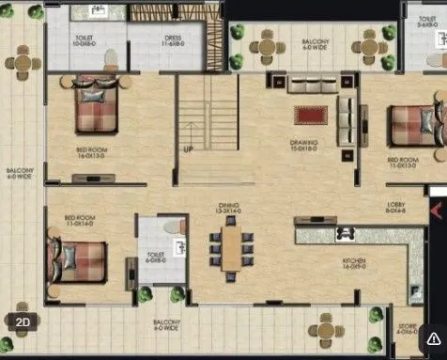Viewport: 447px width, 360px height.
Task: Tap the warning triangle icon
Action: point(433,337)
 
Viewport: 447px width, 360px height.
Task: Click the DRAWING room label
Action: point(303,145)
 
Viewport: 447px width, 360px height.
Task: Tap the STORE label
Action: point(407,329)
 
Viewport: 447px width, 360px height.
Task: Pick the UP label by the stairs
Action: point(189,149)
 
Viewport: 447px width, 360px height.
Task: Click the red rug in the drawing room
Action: point(307,116)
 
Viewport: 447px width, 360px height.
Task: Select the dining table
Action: point(231,248)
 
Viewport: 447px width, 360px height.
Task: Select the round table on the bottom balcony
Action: point(327,329)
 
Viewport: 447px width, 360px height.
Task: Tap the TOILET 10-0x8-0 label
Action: point(84,40)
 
